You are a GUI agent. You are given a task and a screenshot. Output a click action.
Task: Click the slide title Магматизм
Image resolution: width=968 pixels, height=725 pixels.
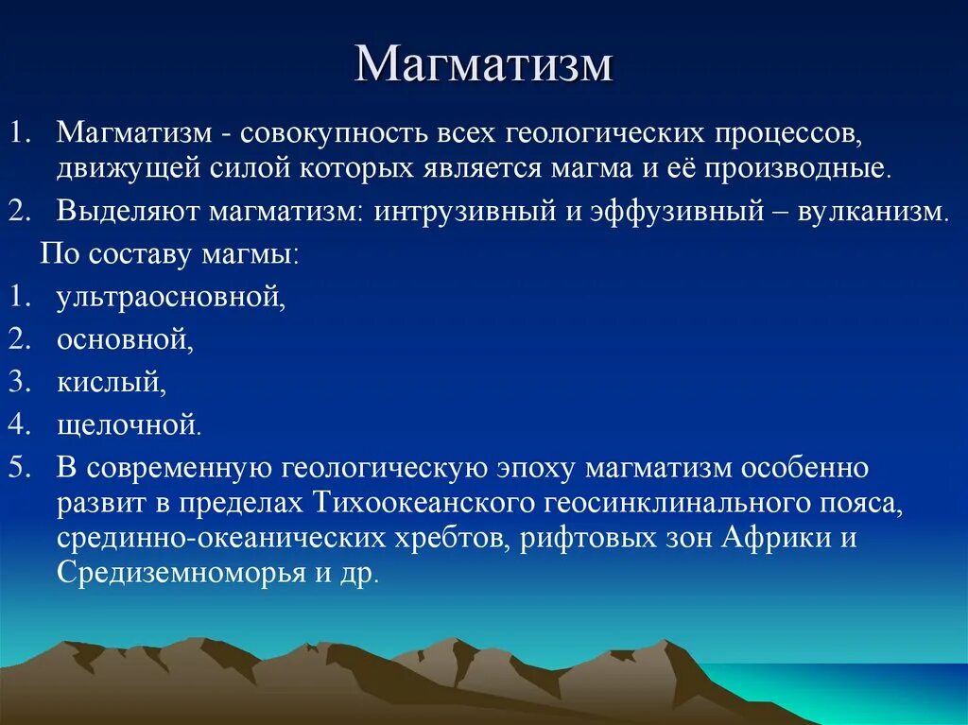tap(484, 63)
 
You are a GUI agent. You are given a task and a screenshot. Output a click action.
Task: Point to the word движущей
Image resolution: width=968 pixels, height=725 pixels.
tap(129, 168)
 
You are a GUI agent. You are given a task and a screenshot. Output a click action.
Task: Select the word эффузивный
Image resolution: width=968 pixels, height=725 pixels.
tap(678, 213)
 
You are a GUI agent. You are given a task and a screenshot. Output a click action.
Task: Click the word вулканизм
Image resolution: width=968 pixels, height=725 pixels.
tap(873, 213)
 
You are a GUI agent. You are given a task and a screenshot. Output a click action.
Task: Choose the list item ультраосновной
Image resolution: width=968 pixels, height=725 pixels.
tap(171, 298)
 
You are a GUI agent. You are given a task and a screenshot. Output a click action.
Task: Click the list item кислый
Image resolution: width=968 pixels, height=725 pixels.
tap(112, 382)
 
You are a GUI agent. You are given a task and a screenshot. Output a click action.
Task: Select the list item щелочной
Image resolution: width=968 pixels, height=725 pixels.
tap(129, 425)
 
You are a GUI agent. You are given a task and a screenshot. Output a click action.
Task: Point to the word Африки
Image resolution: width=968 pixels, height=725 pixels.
tap(775, 537)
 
